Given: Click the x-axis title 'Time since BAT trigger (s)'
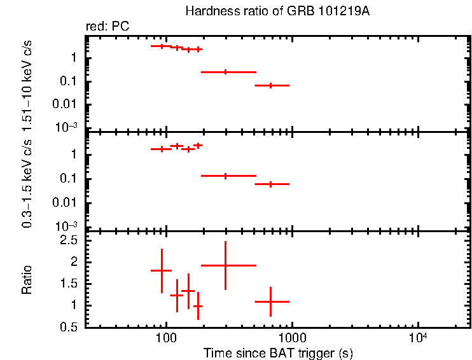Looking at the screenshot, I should (x=278, y=352).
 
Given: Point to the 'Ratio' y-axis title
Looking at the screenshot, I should (x=27, y=280).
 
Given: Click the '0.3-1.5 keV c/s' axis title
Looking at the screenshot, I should (x=27, y=181).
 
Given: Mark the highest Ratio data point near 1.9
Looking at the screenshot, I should (x=225, y=265).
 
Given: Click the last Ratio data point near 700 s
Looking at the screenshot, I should (x=271, y=301).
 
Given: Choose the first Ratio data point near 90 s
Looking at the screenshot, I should (x=162, y=270).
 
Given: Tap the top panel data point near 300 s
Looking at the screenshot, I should (x=225, y=72).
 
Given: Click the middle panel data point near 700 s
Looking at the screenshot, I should (x=271, y=184).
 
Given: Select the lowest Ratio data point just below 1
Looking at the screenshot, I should (x=198, y=306).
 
